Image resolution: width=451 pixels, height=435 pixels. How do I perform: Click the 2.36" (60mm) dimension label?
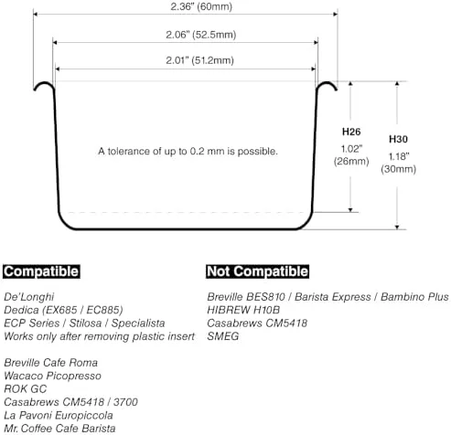click(x=201, y=6)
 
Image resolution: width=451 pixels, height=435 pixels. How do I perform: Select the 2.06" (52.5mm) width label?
click(x=201, y=35)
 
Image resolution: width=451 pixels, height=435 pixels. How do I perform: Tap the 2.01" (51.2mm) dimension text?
click(x=199, y=60)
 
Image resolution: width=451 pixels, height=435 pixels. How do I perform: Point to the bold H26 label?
click(x=351, y=132)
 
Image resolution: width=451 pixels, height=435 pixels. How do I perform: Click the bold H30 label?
click(x=398, y=139)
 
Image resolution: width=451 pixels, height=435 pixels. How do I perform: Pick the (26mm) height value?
click(x=351, y=161)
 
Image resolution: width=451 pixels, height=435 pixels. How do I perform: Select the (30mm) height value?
click(x=398, y=169)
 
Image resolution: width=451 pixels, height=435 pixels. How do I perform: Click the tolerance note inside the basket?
click(x=188, y=151)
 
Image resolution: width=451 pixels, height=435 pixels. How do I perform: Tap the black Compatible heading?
click(x=41, y=271)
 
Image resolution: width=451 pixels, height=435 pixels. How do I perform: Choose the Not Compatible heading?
click(x=257, y=271)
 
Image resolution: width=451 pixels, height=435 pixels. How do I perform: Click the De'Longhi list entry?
click(x=29, y=297)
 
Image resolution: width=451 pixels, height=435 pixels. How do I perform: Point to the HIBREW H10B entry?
click(x=243, y=310)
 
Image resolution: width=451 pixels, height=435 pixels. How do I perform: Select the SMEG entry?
click(x=223, y=336)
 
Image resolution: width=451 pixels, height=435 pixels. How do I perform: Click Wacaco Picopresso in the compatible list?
click(x=52, y=376)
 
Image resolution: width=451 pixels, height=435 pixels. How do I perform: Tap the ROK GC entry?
click(x=26, y=389)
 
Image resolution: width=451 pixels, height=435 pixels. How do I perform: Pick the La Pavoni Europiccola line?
click(x=59, y=415)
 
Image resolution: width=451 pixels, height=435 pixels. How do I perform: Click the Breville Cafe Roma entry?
click(x=50, y=363)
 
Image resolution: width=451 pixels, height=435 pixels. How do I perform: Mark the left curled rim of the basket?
click(x=44, y=82)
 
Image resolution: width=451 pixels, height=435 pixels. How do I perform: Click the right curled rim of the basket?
click(x=327, y=82)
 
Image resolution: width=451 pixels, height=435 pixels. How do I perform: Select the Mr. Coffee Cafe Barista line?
click(x=59, y=429)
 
